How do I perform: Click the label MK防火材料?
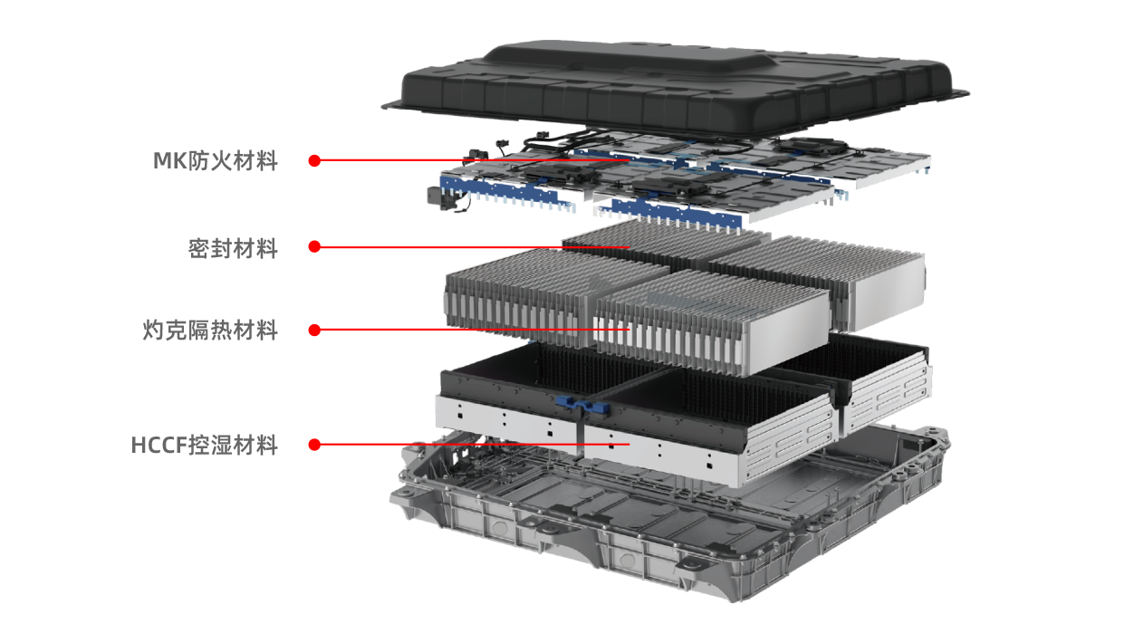tap(216, 161)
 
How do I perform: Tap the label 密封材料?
tap(233, 248)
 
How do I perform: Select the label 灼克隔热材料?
tap(210, 331)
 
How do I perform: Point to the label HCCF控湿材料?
tap(205, 445)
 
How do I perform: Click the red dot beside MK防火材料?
tap(314, 160)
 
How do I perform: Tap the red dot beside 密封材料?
tap(314, 246)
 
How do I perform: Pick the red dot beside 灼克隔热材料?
tap(314, 331)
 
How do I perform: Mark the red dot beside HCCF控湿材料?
tap(314, 445)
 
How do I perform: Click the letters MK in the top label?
tap(169, 161)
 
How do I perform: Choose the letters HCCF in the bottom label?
tap(159, 446)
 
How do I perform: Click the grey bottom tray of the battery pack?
tap(668, 522)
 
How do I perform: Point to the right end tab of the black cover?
tap(958, 93)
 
